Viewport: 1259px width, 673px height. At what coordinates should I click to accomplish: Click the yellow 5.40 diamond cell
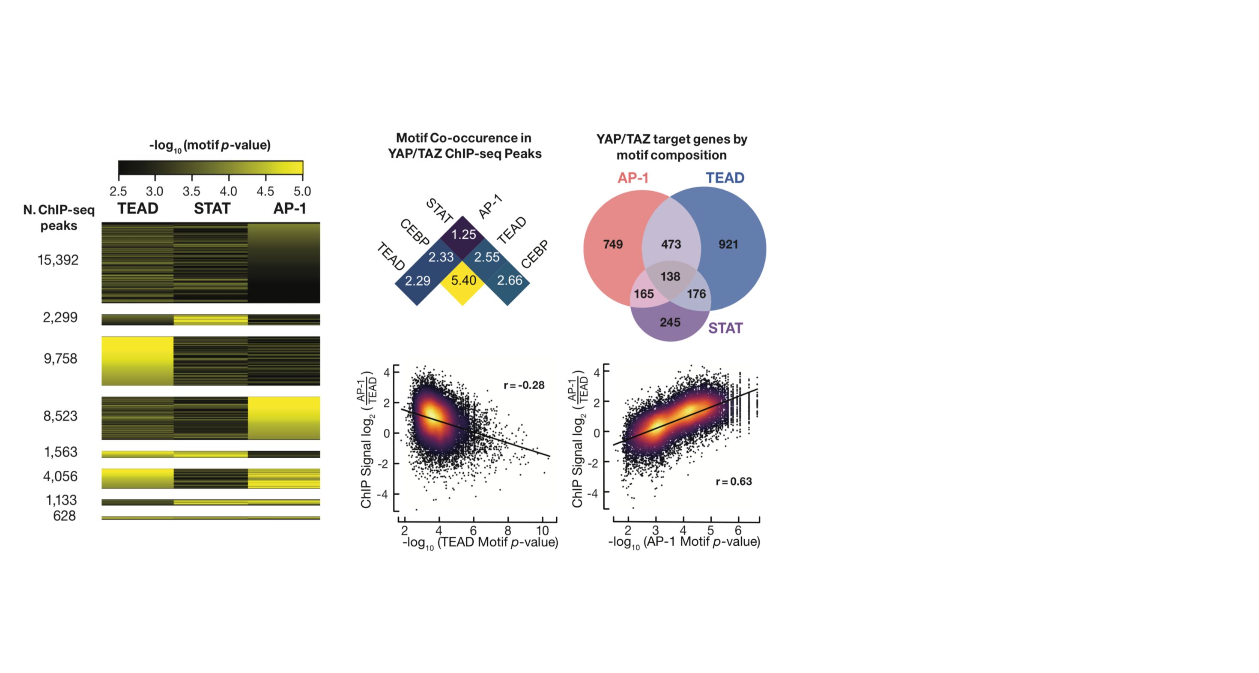click(x=463, y=281)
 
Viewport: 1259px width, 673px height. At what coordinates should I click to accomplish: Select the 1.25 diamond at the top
click(x=463, y=235)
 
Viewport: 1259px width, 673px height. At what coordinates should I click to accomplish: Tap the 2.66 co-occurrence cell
click(x=509, y=280)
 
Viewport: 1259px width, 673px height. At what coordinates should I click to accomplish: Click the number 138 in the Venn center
click(x=670, y=277)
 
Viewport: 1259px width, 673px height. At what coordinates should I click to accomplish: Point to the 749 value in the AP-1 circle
click(x=613, y=244)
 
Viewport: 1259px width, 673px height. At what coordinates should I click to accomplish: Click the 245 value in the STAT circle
click(x=670, y=322)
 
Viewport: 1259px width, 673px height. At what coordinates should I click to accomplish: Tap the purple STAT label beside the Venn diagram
click(x=725, y=328)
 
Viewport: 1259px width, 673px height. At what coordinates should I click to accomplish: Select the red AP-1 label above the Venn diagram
click(x=633, y=178)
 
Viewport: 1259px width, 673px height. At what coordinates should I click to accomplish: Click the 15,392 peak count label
click(x=58, y=260)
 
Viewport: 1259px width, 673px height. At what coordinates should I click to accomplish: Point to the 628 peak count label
click(x=64, y=516)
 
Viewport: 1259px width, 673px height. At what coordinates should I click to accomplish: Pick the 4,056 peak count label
click(x=60, y=476)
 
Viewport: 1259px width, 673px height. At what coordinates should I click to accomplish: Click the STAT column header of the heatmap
click(x=212, y=209)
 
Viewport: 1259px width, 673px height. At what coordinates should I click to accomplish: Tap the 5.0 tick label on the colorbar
click(x=302, y=191)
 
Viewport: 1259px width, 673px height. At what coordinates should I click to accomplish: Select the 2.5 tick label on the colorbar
click(x=118, y=191)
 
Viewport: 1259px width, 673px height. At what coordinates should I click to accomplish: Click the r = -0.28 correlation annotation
click(x=524, y=385)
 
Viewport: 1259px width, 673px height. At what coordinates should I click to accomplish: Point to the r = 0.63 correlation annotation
click(x=734, y=482)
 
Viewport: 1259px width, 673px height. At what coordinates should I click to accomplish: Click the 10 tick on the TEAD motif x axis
click(x=543, y=531)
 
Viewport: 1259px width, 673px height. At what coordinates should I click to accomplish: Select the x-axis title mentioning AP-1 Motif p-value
click(x=684, y=542)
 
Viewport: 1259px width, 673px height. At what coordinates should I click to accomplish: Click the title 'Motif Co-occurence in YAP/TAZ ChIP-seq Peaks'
click(x=464, y=146)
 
